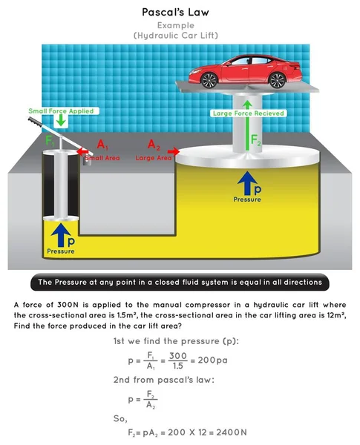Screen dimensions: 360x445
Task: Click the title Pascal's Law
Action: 175,12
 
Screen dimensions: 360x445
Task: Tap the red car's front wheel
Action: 209,80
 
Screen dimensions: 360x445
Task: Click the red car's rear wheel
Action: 277,80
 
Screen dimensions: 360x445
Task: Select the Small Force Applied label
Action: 61,111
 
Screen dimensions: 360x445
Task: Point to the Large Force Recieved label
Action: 249,113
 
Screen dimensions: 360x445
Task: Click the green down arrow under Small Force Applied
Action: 61,121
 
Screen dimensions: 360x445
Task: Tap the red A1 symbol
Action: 102,145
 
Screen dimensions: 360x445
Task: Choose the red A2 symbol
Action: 154,145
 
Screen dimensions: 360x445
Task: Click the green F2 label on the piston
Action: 255,140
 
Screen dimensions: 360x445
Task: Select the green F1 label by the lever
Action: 50,141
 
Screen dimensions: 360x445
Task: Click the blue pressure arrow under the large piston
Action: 247,182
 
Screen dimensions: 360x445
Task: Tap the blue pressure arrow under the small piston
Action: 61,235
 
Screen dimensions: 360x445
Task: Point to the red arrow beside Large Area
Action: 174,151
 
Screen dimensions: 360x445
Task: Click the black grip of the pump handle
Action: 36,122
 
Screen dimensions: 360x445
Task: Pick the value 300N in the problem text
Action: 68,305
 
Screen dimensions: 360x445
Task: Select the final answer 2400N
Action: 232,432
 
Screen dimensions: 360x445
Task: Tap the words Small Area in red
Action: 102,158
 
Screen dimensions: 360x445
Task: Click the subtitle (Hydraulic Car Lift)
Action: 176,36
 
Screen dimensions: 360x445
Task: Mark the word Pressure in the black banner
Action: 71,282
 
